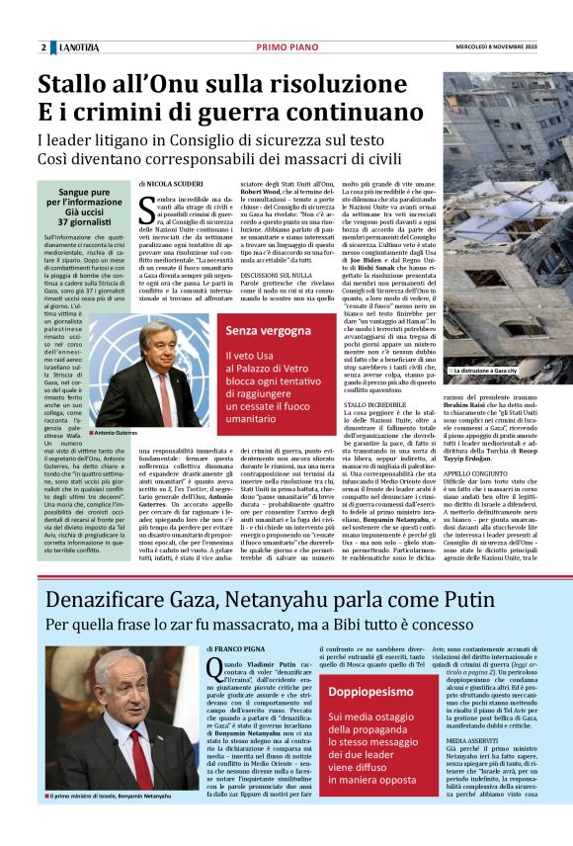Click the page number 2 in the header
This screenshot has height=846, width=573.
coord(43,47)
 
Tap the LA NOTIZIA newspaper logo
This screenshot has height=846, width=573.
coord(77,47)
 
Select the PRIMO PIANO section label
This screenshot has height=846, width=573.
coord(286,47)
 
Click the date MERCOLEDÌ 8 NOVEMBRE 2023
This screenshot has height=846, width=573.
coord(515,47)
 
